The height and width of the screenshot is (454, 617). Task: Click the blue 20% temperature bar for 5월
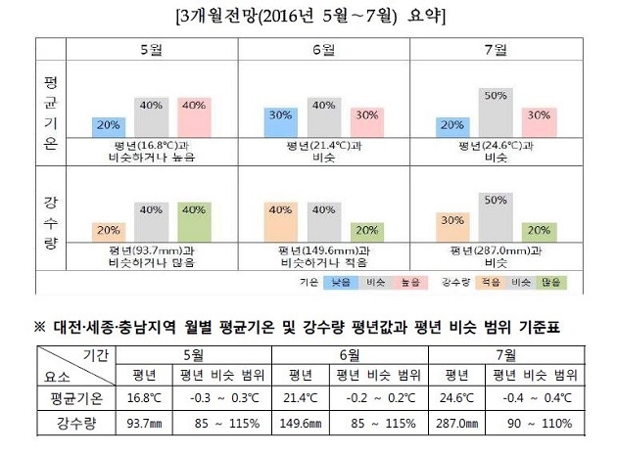tap(109, 126)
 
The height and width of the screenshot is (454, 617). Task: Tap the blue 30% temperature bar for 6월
tap(280, 121)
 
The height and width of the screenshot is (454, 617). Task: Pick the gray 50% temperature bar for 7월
tap(495, 112)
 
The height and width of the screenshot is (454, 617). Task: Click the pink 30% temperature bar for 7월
tap(538, 121)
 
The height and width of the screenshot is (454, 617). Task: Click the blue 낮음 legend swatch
tap(340, 282)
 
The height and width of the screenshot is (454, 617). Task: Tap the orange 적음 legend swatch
tap(488, 282)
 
